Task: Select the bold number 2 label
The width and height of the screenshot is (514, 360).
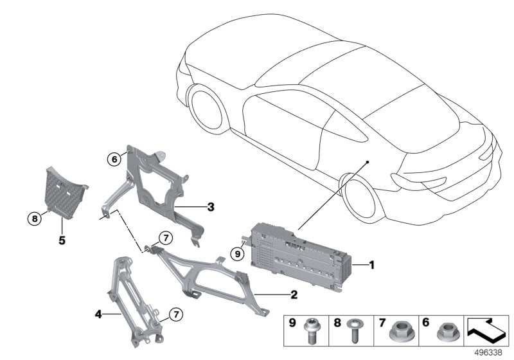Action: [x=293, y=295]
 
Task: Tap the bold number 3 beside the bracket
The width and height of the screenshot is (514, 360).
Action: [x=210, y=207]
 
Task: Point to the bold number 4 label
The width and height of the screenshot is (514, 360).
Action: [x=98, y=314]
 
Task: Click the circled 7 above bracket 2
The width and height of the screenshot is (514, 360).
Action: [x=164, y=239]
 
